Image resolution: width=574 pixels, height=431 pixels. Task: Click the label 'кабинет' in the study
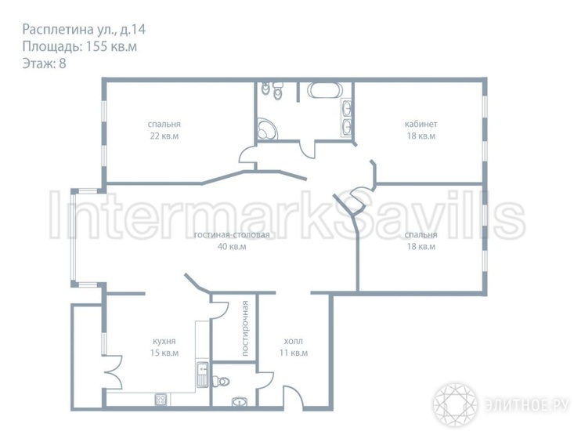pos(421,124)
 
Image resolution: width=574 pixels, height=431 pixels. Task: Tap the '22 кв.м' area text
pos(164,136)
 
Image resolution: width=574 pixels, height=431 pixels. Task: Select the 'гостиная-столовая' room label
pos(232,235)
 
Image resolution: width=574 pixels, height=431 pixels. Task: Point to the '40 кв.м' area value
pos(232,246)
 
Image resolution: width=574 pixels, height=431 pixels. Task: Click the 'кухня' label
pos(164,342)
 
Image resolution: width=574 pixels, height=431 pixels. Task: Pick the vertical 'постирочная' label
pos(245,328)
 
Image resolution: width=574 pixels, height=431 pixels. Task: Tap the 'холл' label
pos(293,342)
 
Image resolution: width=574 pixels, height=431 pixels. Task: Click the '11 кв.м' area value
pos(293,353)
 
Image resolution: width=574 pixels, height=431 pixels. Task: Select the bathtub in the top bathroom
pos(325,90)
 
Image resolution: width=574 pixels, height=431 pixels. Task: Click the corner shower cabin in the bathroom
pos(267,129)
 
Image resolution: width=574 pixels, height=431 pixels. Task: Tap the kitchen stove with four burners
pos(161,399)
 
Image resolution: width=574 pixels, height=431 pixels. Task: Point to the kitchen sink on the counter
pos(202,375)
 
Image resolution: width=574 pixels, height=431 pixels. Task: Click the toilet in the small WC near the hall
pos(221,381)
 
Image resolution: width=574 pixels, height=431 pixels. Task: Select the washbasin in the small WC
pos(240,402)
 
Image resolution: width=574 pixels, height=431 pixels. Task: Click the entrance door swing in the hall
pos(293,397)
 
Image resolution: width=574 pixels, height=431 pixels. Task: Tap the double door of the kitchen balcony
pos(113,372)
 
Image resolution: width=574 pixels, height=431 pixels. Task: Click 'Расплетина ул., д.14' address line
pos(84,29)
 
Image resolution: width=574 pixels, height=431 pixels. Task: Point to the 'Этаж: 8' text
pos(45,63)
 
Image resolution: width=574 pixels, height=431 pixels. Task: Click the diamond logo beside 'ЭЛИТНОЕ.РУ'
pos(455,404)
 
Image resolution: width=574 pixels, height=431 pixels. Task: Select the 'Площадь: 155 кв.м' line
pos(80,46)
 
